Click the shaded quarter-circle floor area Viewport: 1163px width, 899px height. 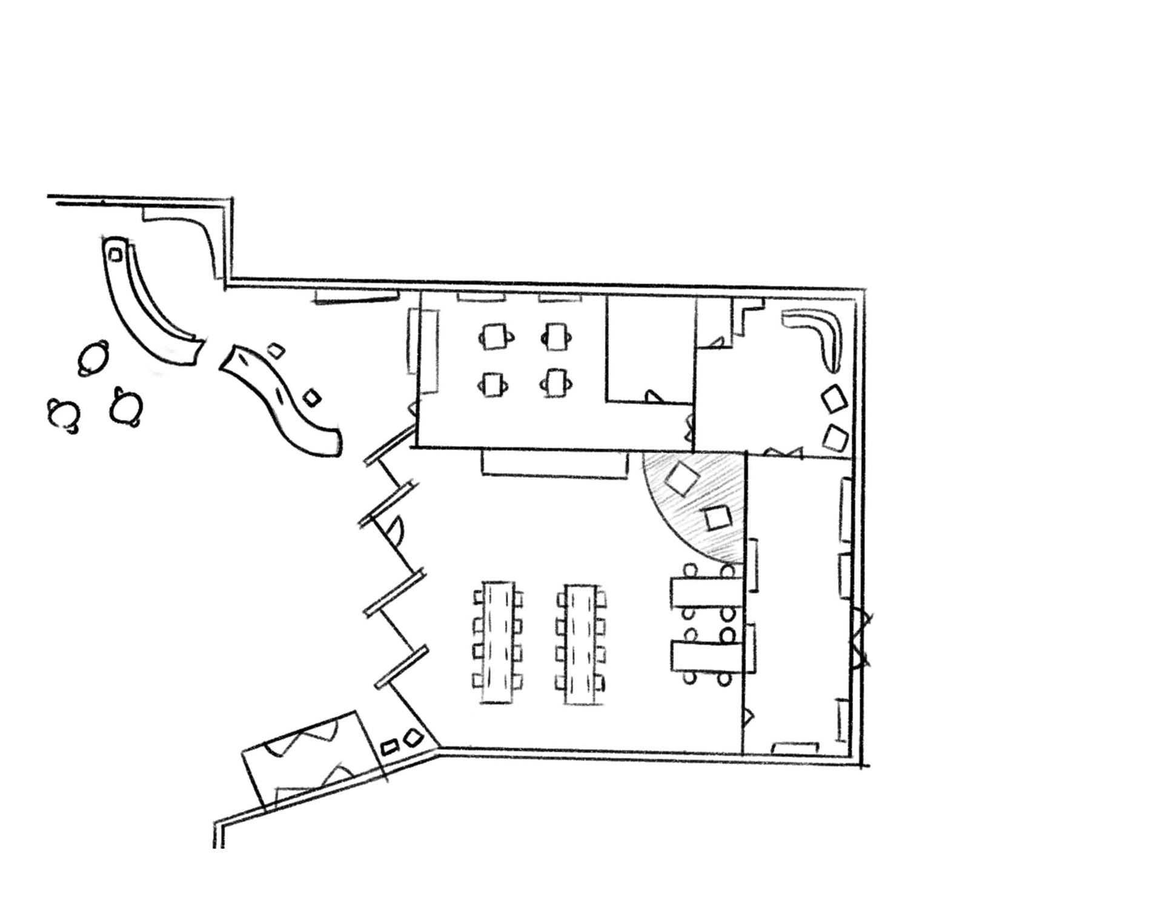697,509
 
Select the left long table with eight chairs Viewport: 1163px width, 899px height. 497,643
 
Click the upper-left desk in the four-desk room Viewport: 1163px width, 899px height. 495,336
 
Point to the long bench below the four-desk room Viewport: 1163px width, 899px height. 554,463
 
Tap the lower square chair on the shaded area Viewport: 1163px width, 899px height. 718,519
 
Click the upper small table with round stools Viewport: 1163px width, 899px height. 706,591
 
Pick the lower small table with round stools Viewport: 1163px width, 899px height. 706,657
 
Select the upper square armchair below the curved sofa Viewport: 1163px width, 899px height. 834,399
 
